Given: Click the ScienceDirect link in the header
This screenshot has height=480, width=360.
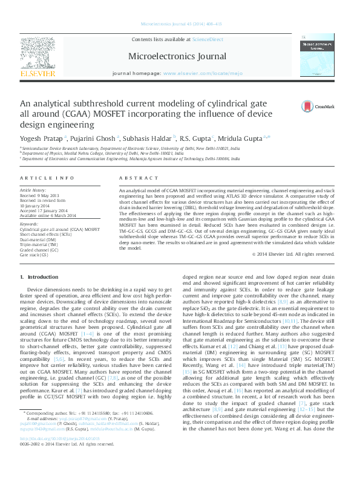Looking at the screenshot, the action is (208, 39).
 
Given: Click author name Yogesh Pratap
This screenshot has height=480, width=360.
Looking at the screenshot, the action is (42, 138).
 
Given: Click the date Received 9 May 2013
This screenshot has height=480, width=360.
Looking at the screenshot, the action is (39, 197).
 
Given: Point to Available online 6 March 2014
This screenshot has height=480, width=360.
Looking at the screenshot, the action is (48, 216).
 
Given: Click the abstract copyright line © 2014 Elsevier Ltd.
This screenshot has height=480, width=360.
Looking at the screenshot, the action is (292, 255).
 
